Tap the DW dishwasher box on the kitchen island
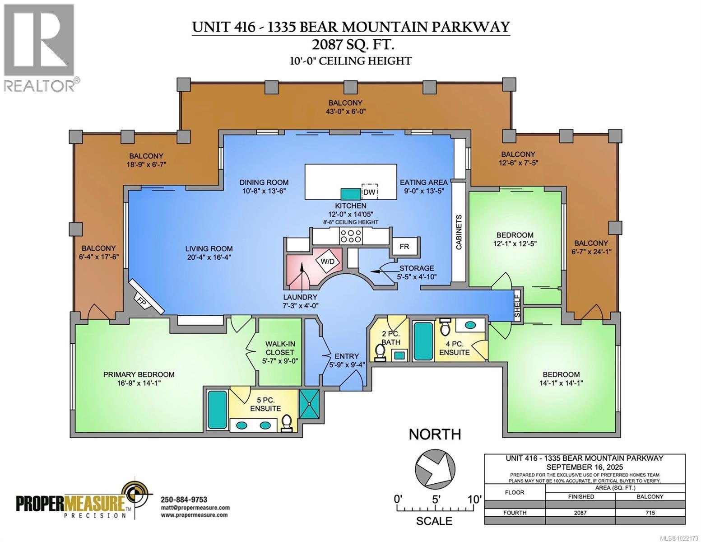coord(370,192)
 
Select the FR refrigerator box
coord(404,247)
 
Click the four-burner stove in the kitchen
coord(350,236)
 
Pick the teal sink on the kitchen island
coord(350,194)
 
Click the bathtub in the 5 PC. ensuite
coord(217,409)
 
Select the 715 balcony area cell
coord(650,513)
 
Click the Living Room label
coord(209,248)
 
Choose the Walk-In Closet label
coord(280,348)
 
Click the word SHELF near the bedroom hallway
coord(517,307)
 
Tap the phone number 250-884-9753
coord(184,499)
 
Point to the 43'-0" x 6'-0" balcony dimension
coord(345,111)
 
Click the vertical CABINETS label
coord(459,232)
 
